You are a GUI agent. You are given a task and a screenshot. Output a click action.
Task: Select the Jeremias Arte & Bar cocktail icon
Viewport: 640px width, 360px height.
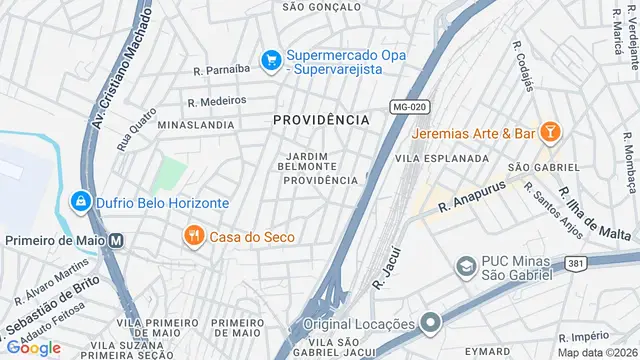pos(549,132)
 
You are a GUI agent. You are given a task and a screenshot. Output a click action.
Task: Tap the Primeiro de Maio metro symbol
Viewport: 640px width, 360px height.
pos(117,240)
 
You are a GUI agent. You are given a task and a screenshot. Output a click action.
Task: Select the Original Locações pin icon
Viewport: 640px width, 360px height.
pos(431,323)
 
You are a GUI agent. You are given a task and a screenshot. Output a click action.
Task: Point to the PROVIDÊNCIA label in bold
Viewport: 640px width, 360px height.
pos(321,120)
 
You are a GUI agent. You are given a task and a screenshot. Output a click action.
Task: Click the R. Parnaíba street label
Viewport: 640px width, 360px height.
pos(221,70)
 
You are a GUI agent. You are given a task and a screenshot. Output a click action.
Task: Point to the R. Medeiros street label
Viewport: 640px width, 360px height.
pos(216,101)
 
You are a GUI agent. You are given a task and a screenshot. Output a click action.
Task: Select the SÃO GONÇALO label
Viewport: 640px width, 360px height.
pos(321,6)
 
